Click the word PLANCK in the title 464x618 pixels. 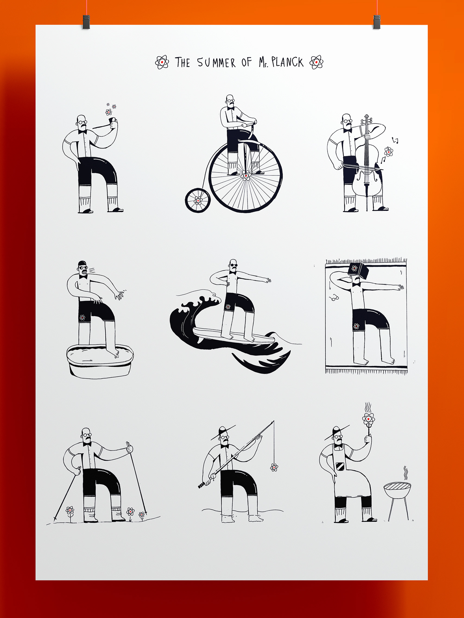coord(287,62)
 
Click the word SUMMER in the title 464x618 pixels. coord(216,62)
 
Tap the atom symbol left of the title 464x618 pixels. coord(162,62)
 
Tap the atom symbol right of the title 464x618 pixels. coord(316,62)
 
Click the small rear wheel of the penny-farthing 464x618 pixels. coord(198,200)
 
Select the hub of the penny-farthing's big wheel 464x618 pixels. coord(245,176)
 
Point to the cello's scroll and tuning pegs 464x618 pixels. coord(366,120)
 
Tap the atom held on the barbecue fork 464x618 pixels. coord(368,419)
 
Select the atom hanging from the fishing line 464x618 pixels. coord(274,467)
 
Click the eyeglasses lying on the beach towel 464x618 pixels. coord(334,298)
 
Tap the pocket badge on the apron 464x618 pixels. coord(340,466)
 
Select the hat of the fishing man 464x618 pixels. coord(223,431)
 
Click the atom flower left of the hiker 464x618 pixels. coord(70,510)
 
